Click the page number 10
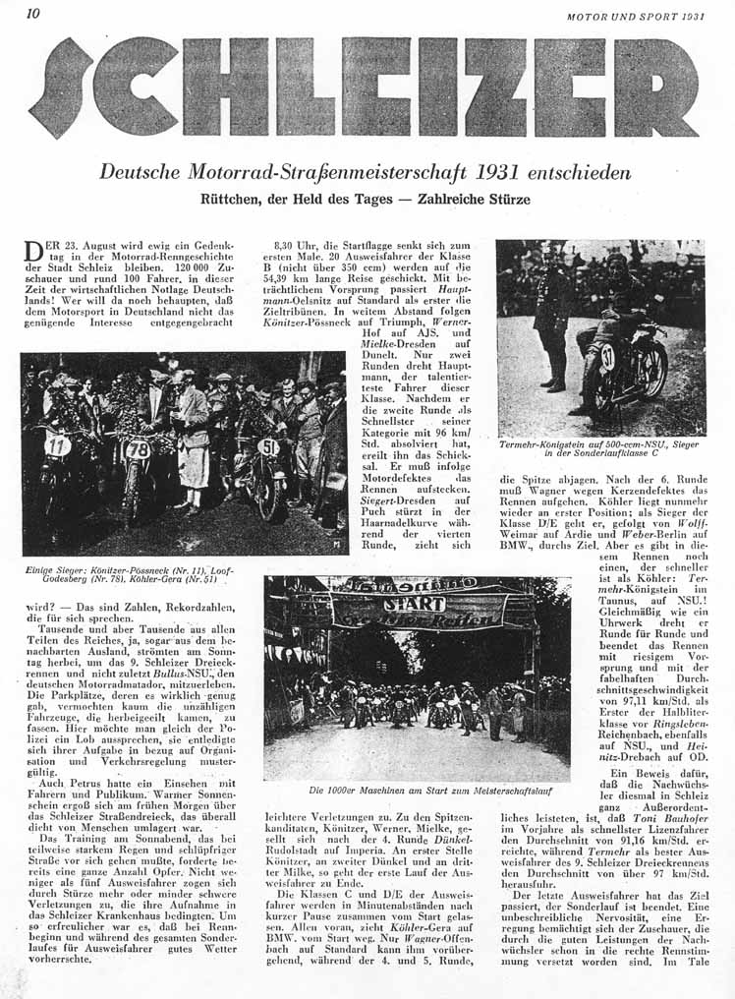[x=32, y=14]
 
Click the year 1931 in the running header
[x=693, y=16]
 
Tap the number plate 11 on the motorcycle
[x=57, y=445]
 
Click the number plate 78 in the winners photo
[x=137, y=450]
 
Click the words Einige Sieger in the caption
[x=52, y=570]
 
